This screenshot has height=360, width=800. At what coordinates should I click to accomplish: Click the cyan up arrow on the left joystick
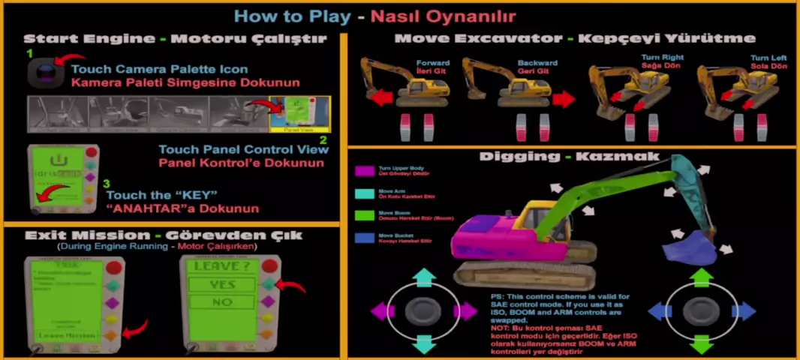[x=423, y=277]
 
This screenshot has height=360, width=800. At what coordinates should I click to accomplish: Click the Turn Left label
[x=768, y=58]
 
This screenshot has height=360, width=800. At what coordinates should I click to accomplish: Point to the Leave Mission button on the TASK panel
[x=65, y=335]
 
